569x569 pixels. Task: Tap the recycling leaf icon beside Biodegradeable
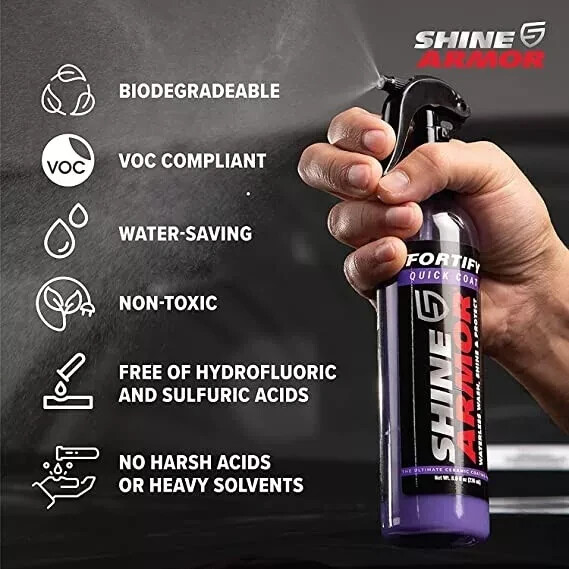tap(68, 91)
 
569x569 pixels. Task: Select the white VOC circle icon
tap(68, 160)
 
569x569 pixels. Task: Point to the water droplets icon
tap(67, 232)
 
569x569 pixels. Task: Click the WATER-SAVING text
tap(185, 233)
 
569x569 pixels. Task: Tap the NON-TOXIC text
tap(168, 303)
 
